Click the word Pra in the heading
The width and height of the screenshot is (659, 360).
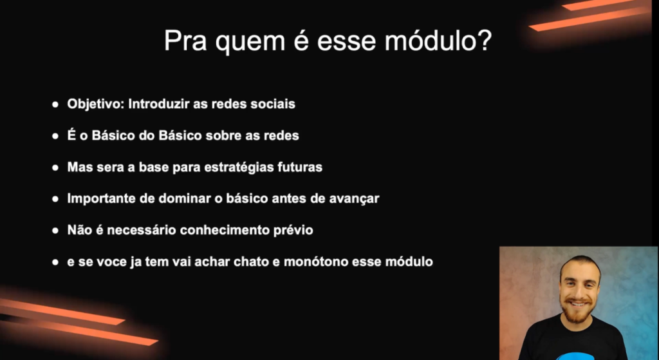185,41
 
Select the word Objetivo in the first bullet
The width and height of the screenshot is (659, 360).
95,104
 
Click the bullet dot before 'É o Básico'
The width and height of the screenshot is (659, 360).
55,136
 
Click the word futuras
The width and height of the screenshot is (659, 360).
300,167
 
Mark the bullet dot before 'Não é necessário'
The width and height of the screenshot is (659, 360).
55,231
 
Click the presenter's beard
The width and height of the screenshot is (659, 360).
577,310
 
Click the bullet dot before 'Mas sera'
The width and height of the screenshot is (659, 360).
55,167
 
